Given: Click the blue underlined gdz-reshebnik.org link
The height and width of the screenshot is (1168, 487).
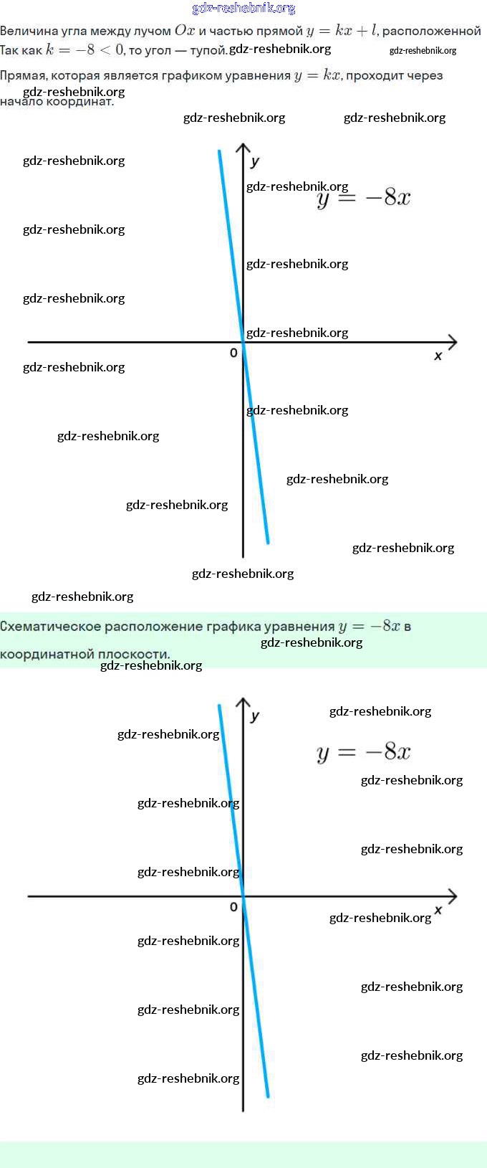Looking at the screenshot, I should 243,8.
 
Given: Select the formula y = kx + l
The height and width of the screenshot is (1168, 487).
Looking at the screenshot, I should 341,31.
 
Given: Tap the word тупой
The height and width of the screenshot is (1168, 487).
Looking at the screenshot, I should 208,50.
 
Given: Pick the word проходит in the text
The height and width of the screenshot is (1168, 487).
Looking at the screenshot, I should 376,75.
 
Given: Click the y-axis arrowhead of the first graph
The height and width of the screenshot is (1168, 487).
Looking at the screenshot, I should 243,148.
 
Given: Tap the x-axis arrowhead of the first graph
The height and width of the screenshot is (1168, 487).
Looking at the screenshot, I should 453,342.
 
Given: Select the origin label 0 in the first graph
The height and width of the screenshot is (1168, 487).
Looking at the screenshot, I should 233,353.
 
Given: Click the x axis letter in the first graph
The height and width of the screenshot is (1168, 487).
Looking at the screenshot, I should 438,356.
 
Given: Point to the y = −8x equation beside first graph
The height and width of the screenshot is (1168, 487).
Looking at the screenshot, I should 364,198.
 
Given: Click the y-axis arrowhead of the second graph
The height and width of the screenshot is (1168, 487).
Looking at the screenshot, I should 243,701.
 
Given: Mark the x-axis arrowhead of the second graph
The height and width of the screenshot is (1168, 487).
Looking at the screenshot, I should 453,896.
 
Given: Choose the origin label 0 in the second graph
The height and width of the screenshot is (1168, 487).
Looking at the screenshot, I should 233,907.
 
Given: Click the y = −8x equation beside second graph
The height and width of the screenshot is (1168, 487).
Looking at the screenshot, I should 364,751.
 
